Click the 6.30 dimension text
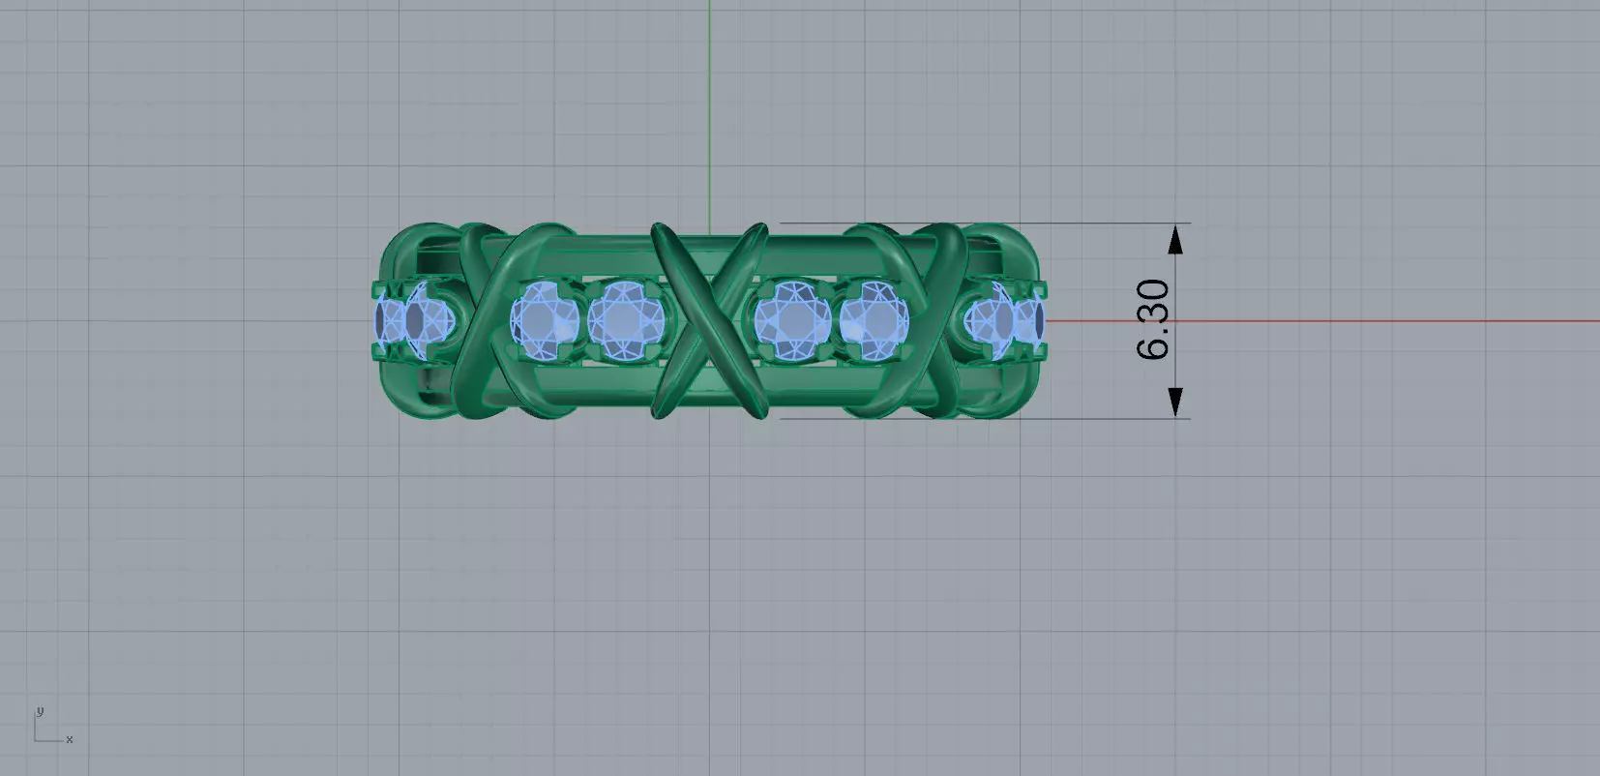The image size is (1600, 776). [1154, 320]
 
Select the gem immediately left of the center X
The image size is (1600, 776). [623, 318]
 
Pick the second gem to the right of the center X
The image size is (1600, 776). [874, 319]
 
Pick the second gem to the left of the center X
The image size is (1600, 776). [544, 319]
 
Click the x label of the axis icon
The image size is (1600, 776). [70, 739]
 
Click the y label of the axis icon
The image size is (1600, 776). [39, 711]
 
